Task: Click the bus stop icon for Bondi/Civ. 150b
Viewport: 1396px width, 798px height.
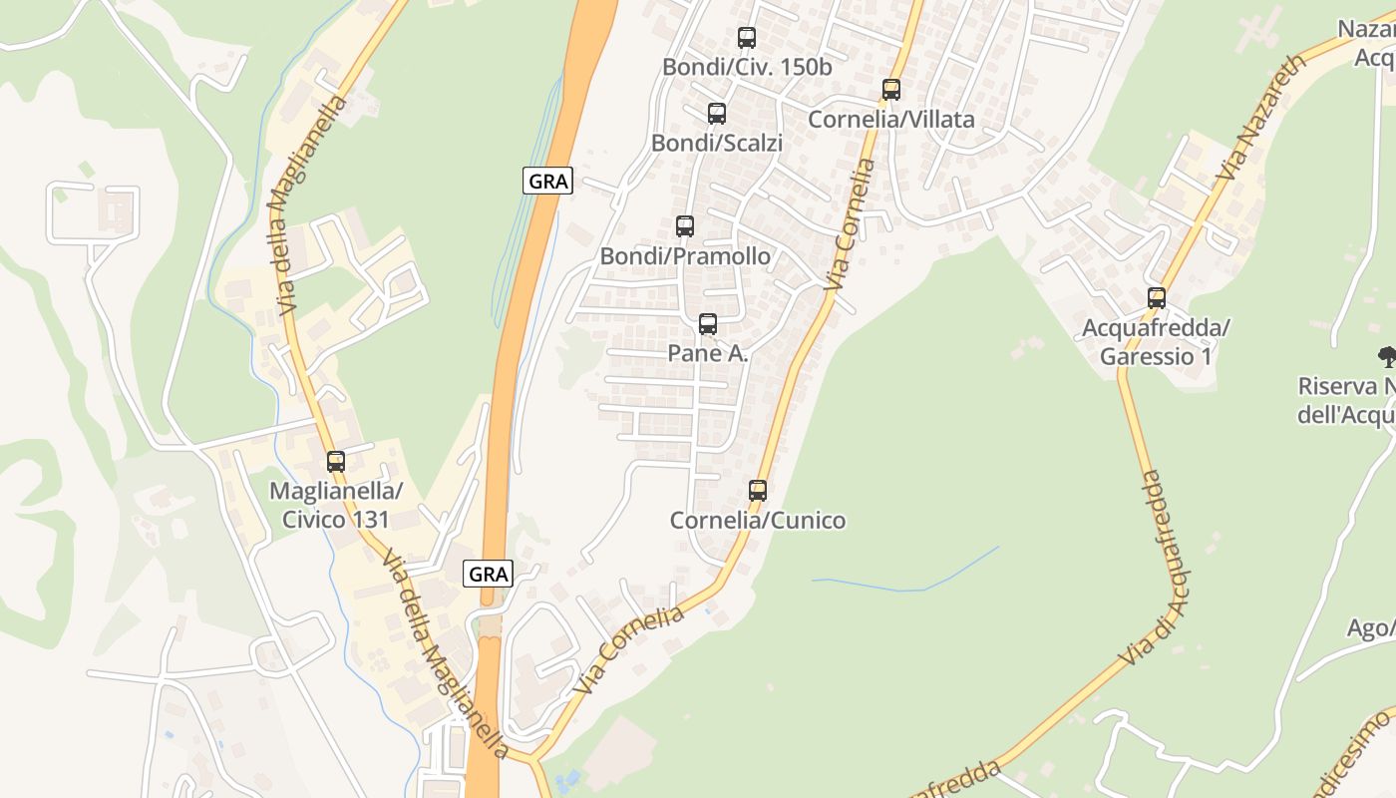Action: [746, 38]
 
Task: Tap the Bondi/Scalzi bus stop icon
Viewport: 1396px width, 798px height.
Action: [716, 114]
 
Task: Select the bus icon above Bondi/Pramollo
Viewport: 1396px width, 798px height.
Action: [684, 226]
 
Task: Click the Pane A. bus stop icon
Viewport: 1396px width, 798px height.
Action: [707, 323]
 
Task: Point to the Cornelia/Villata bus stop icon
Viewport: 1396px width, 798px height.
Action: [890, 90]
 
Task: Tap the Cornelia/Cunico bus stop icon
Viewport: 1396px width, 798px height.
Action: [757, 490]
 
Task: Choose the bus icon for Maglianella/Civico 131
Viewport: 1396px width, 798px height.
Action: [335, 461]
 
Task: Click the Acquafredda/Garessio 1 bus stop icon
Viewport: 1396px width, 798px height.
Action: [1156, 297]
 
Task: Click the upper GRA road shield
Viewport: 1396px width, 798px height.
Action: [547, 181]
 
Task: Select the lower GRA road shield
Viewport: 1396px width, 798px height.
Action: [489, 574]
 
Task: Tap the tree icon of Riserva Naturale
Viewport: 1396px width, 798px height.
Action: [1386, 356]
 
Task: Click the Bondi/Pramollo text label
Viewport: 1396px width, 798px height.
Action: [684, 256]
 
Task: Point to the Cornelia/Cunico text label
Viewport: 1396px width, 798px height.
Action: [757, 520]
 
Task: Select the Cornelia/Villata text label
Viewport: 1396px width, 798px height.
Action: [890, 120]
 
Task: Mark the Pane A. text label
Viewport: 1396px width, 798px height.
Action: [707, 353]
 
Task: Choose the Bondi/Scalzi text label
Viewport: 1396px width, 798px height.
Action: [716, 144]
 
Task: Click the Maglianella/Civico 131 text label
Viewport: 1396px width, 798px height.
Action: [335, 505]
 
